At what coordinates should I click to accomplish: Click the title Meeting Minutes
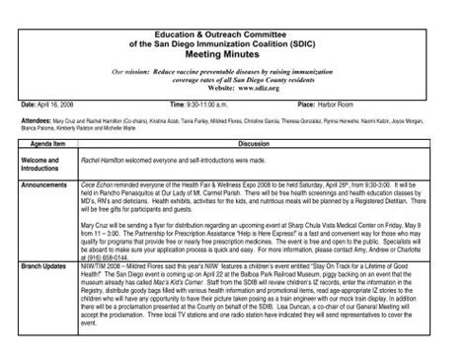pos(233,53)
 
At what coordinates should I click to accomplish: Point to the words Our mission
pos(134,72)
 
